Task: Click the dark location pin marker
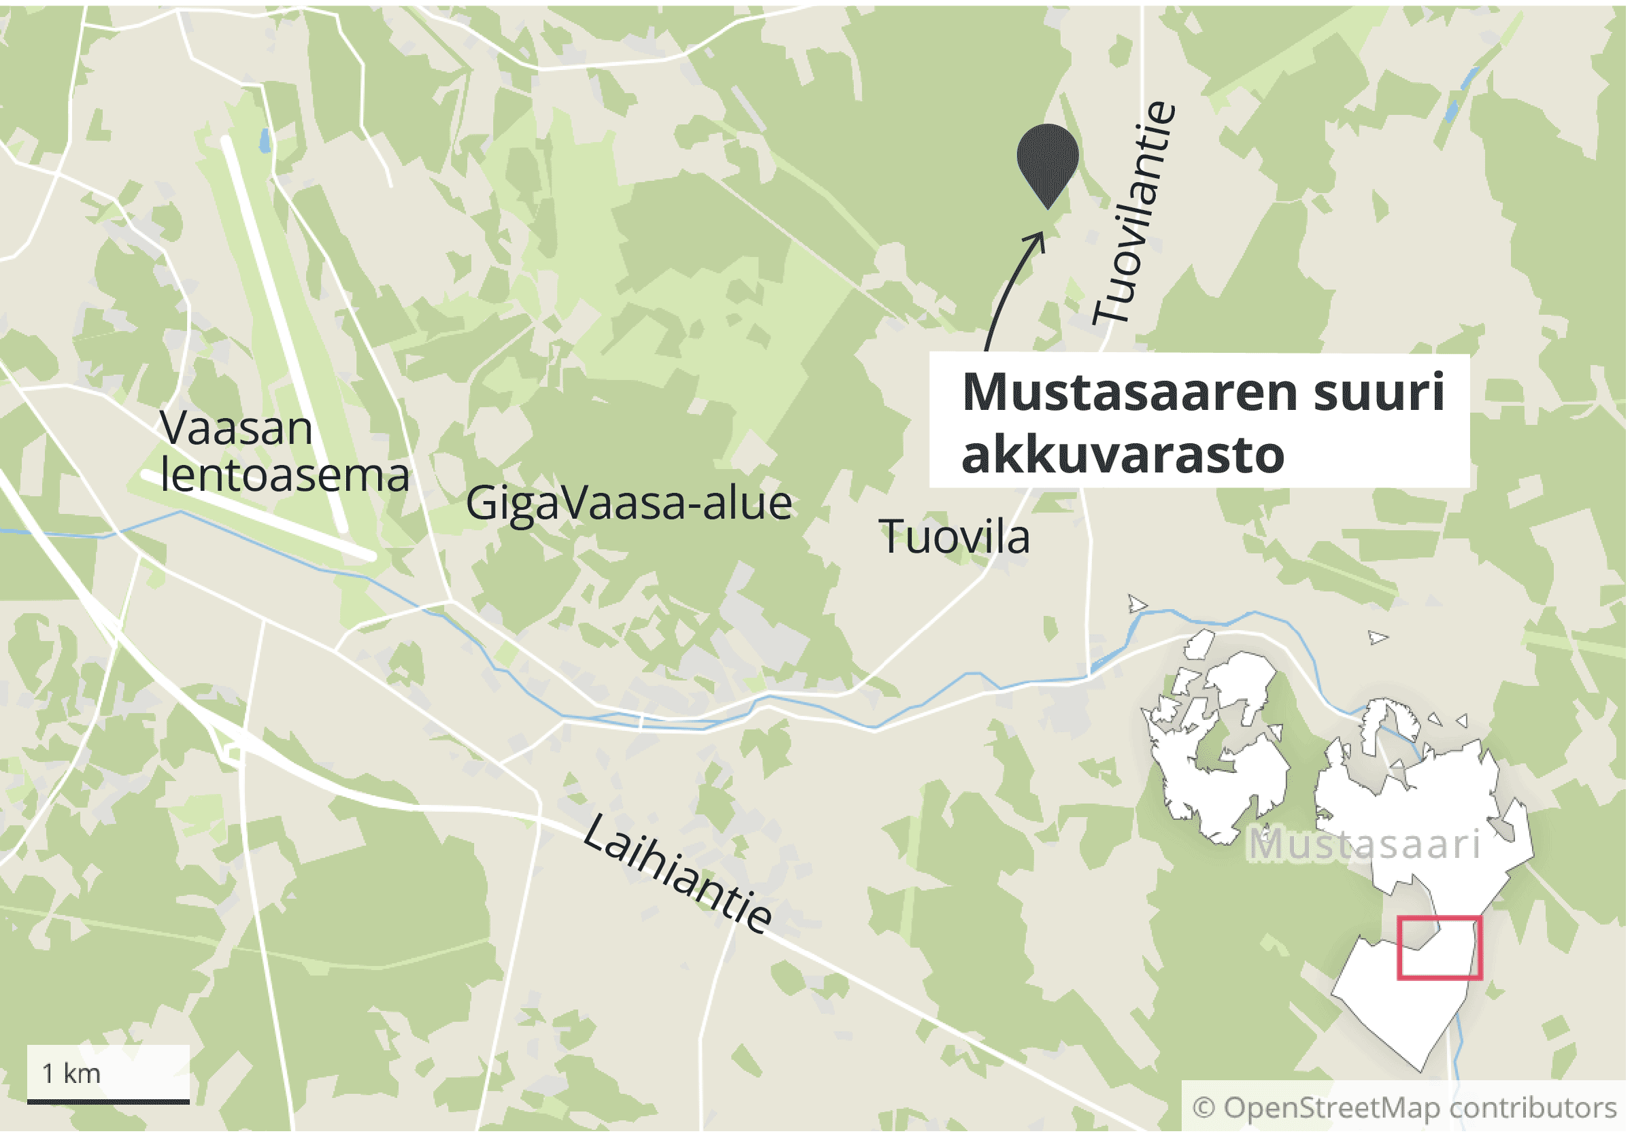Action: [1047, 160]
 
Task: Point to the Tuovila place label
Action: [954, 537]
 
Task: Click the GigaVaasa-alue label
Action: [628, 504]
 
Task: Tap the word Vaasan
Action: [236, 428]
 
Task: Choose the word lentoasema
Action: [284, 475]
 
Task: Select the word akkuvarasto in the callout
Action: [1123, 455]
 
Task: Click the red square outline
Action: [1440, 918]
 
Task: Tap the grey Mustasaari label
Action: [1365, 844]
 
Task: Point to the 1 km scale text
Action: [71, 1073]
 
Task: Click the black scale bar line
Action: [108, 1102]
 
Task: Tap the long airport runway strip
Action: [284, 334]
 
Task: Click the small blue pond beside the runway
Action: [265, 141]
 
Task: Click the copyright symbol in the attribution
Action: [1204, 1107]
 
